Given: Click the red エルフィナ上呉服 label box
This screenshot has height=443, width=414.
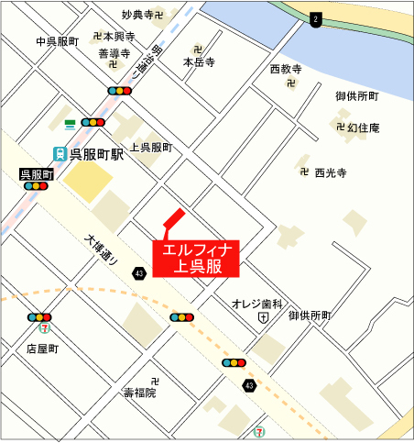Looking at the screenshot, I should (200, 258).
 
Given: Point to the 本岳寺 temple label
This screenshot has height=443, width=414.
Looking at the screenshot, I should (198, 62).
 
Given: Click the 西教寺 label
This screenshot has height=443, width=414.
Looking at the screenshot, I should (285, 69).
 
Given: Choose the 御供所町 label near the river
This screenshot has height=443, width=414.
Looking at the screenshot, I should (356, 96).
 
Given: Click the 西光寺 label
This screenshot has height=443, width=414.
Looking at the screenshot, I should (330, 172).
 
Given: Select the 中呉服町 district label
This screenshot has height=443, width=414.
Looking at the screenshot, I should (58, 42).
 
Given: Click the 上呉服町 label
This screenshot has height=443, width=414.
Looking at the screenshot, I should (151, 147).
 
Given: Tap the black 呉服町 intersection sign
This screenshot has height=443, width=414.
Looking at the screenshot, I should (37, 173).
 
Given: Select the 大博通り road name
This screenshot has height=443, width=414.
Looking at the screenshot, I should (101, 250).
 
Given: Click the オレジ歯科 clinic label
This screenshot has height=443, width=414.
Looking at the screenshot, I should (257, 302).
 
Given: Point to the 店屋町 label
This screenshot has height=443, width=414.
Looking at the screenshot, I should (42, 349).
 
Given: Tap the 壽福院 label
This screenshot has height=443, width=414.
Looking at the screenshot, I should (140, 393).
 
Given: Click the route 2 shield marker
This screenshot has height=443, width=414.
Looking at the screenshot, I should (316, 19).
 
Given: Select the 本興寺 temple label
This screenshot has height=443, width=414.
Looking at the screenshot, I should (119, 36).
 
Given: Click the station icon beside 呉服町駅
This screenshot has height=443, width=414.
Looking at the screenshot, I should (59, 154).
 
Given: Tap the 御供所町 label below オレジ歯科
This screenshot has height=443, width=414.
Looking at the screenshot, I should (309, 316).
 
